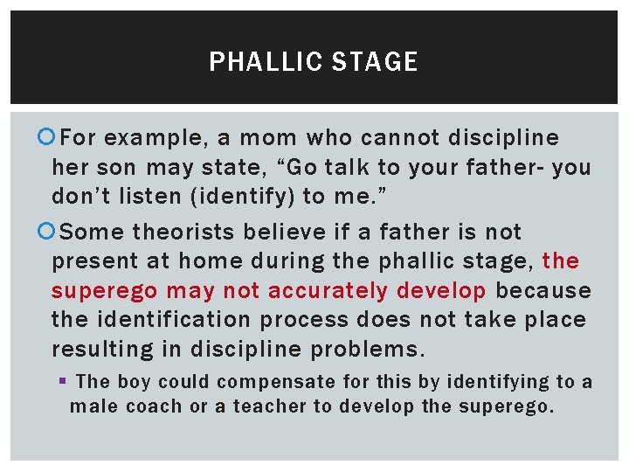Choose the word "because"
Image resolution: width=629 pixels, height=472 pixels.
point(543,290)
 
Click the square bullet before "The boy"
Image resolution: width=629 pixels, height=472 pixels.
point(65,382)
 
